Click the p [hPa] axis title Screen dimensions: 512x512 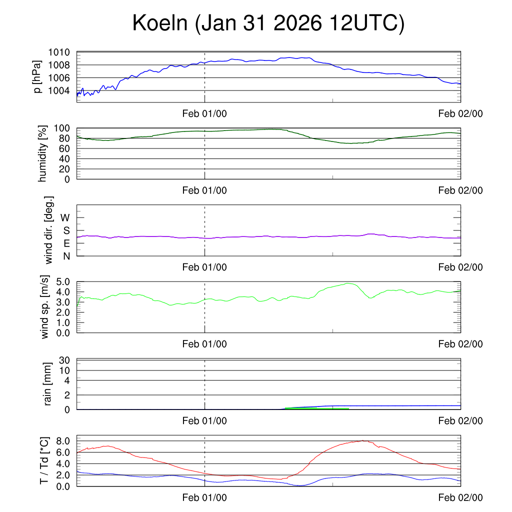37,76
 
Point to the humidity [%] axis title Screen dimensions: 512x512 43,153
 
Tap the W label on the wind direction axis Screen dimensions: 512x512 65,217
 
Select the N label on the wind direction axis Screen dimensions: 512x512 66,256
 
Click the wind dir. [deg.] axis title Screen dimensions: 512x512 49,230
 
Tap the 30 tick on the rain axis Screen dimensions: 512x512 65,360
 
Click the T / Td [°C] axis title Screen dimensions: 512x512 44,460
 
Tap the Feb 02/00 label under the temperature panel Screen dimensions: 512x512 460,497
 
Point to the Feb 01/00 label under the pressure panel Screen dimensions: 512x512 204,113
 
